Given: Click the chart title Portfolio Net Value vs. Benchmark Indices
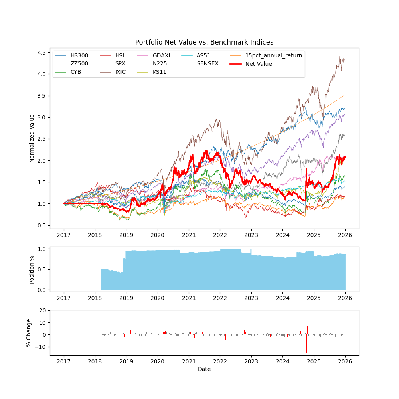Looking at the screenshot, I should [204, 42].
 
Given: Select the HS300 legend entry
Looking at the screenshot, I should [79, 55].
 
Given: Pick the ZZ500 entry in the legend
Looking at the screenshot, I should [79, 64].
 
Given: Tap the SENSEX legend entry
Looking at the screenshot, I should [207, 64].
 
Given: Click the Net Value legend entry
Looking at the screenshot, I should [259, 64].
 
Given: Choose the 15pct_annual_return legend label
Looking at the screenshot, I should [274, 55].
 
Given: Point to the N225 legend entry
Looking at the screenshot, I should [159, 64].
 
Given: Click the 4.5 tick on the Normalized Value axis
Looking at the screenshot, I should [41, 52].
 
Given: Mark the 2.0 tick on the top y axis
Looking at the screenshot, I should [41, 160].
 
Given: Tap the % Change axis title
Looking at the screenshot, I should [29, 332].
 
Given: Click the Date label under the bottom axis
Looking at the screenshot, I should [204, 369].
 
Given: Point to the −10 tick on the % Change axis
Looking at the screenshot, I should [40, 347].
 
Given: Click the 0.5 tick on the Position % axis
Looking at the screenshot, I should [41, 269].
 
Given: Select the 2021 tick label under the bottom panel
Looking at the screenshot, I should [189, 362].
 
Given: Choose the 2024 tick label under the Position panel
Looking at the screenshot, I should [282, 298].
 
